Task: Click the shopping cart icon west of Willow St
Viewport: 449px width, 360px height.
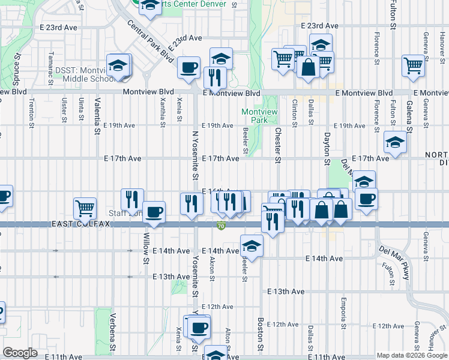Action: [85, 208]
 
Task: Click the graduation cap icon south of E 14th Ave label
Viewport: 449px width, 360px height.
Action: [252, 245]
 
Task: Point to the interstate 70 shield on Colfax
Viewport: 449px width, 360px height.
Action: [221, 226]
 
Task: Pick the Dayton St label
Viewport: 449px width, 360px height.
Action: [327, 149]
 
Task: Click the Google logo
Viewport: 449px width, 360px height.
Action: [20, 353]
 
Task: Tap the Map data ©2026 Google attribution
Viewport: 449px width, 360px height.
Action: [412, 355]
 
